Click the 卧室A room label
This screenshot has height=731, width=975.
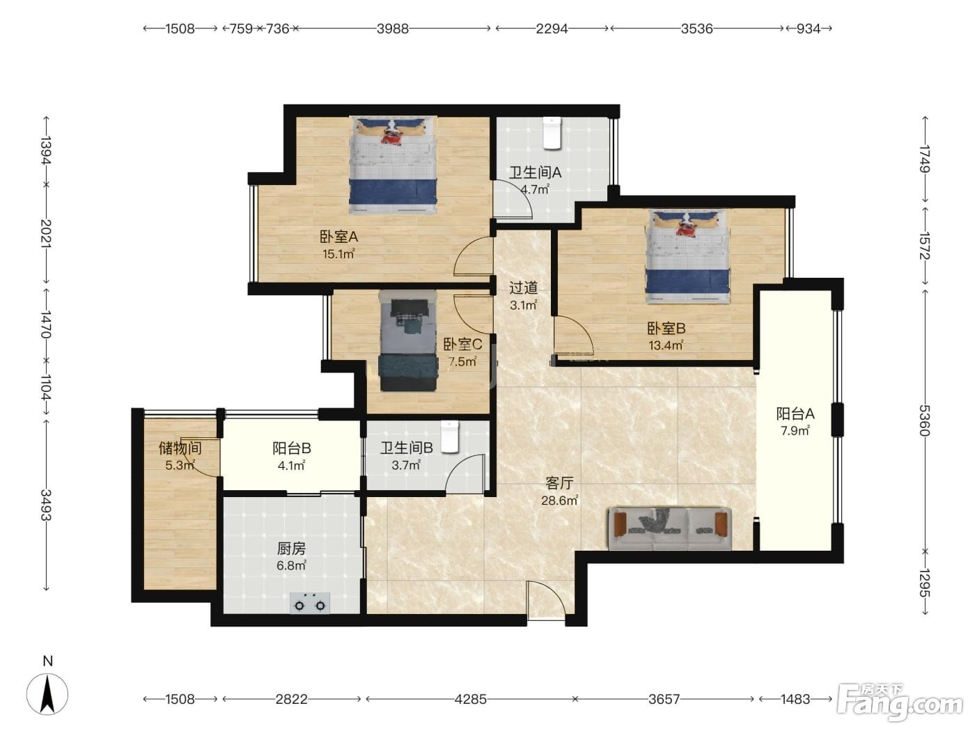coord(338,237)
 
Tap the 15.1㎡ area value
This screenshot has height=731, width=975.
coord(338,254)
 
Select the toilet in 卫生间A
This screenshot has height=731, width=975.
coord(552,133)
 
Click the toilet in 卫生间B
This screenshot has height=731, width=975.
coord(449,437)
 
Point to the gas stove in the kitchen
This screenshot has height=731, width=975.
coord(310,603)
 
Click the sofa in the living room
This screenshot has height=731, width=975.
coord(669,528)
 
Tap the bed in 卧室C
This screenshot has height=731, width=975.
coord(408,341)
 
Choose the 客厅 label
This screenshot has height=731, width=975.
coord(559,483)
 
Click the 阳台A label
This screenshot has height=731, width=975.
coord(795,414)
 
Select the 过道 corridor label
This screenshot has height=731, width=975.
coord(523,288)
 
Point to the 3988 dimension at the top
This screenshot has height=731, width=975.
coord(393,29)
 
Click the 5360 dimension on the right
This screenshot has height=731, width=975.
coord(924,420)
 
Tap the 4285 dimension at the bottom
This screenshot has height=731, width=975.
coord(470,700)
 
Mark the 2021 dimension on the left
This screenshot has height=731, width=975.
coord(46,233)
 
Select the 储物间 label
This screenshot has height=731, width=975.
coord(180,448)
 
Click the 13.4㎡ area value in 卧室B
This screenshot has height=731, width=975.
coord(666,345)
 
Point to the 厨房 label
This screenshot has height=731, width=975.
coord(291,549)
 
